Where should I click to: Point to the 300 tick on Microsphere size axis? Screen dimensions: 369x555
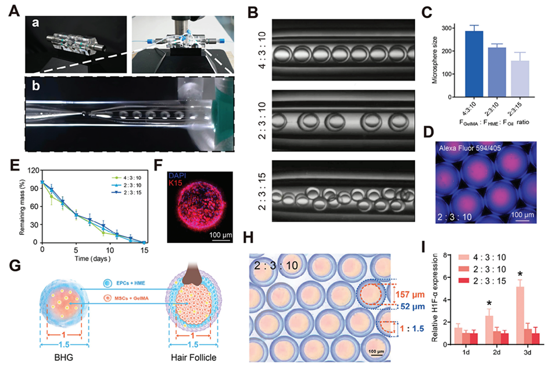click(x=443, y=28)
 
